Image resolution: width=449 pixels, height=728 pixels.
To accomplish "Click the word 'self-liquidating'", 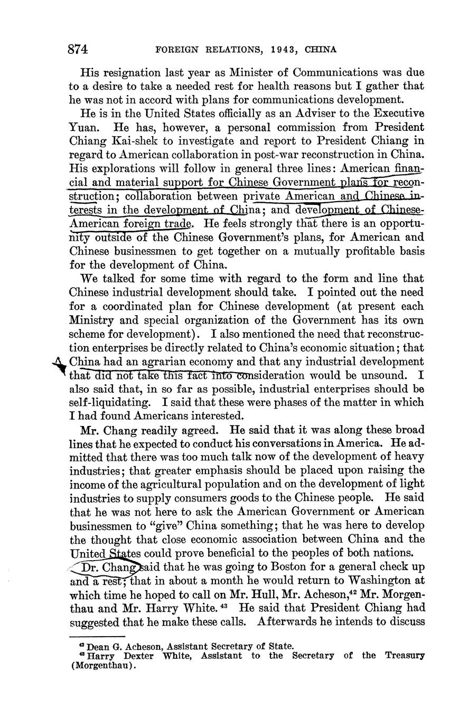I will coord(108,403).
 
